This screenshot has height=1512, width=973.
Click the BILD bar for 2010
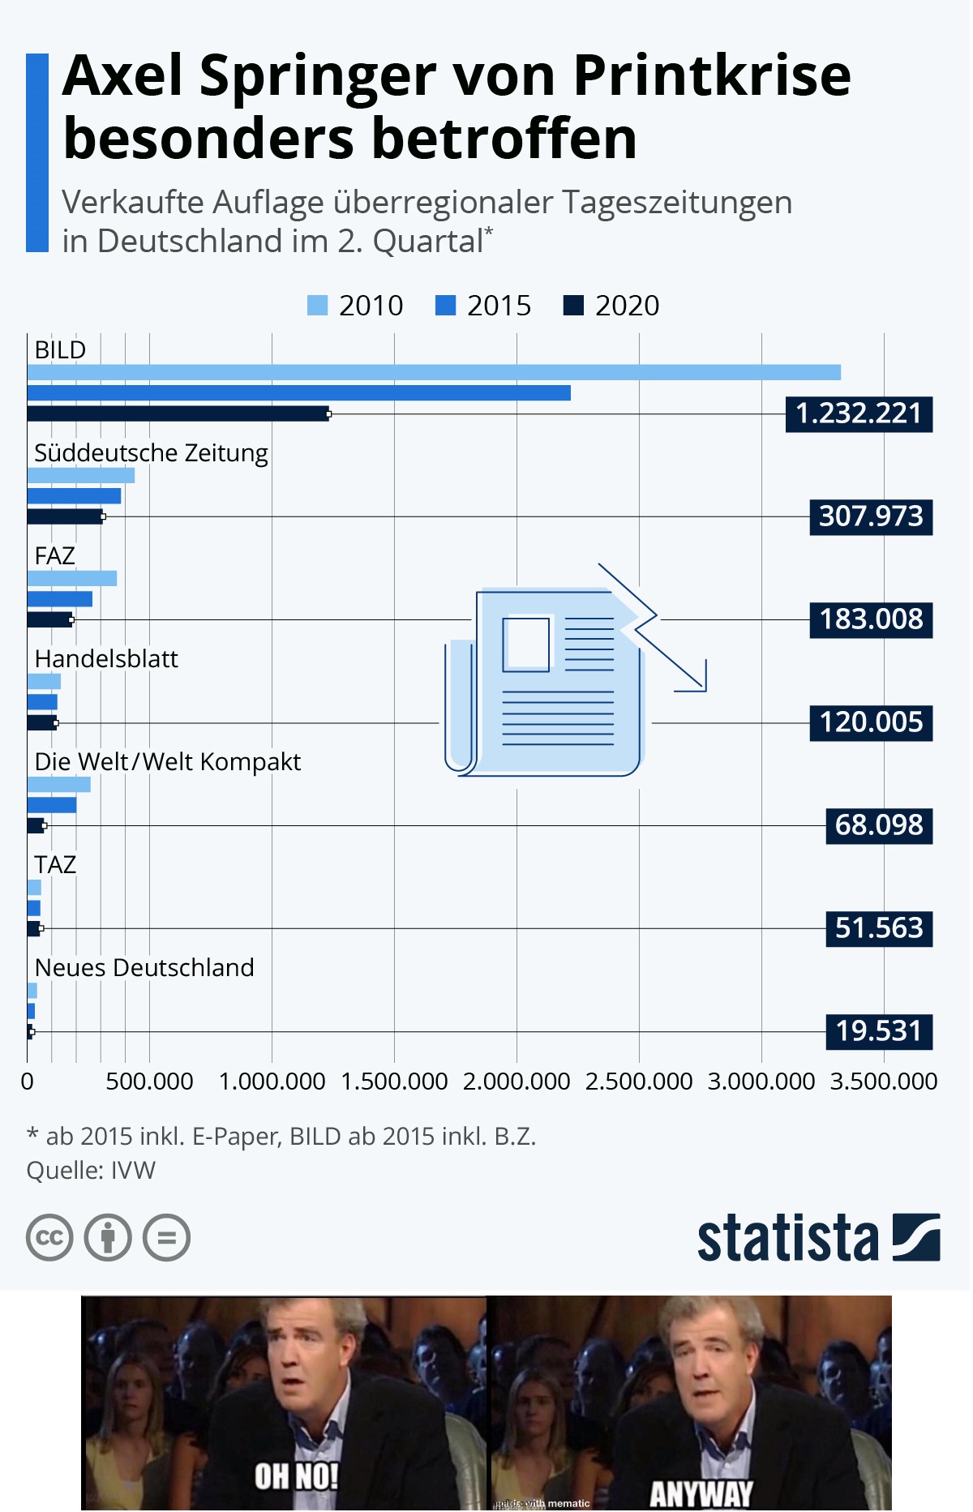pyautogui.click(x=434, y=372)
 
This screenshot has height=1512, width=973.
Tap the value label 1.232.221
pyautogui.click(x=859, y=414)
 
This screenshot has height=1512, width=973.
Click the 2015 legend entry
pyautogui.click(x=484, y=306)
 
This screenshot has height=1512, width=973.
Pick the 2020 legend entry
pyautogui.click(x=612, y=306)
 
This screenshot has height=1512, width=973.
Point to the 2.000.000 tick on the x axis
pyautogui.click(x=517, y=1082)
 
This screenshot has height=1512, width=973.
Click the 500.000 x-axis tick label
pyautogui.click(x=149, y=1082)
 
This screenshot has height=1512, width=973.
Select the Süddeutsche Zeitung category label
pyautogui.click(x=151, y=452)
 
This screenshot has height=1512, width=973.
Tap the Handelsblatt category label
pyautogui.click(x=106, y=658)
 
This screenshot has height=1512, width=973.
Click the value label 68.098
pyautogui.click(x=879, y=825)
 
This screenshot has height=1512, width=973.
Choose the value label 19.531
pyautogui.click(x=879, y=1031)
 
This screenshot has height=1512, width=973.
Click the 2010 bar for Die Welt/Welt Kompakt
pyautogui.click(x=58, y=784)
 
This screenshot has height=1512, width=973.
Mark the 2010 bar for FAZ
pyautogui.click(x=71, y=578)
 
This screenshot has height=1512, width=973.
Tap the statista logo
pyautogui.click(x=818, y=1237)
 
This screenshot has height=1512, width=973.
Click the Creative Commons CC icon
pyautogui.click(x=49, y=1238)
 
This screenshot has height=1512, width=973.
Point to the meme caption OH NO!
pyautogui.click(x=296, y=1476)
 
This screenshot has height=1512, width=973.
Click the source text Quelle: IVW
pyautogui.click(x=91, y=1171)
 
